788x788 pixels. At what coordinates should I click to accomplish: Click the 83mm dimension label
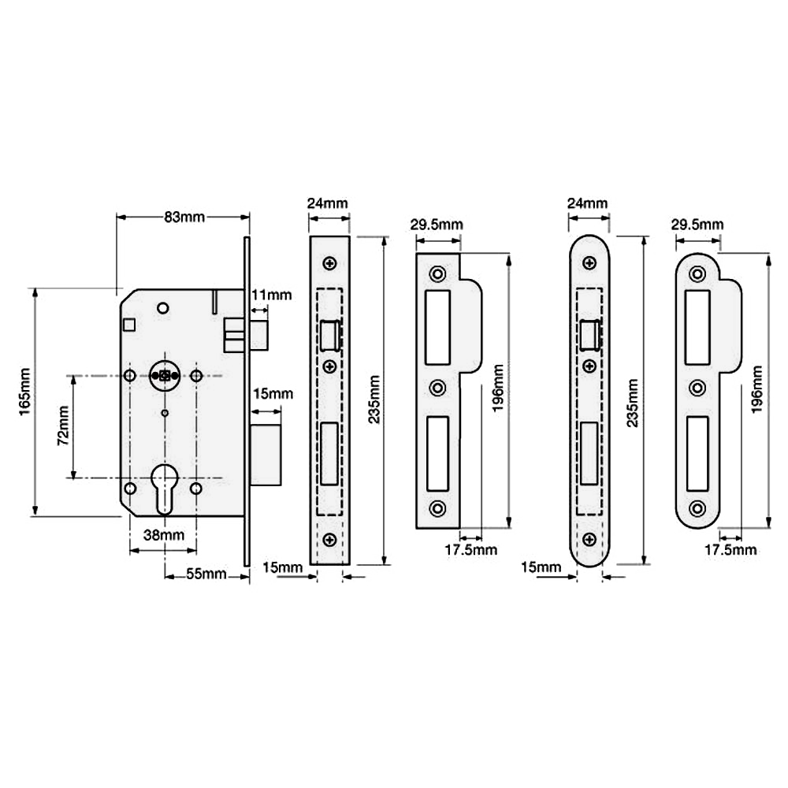click(184, 217)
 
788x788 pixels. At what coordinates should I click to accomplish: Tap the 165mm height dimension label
click(24, 392)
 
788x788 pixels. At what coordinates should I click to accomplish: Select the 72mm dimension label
click(63, 426)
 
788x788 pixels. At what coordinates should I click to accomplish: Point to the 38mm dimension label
click(164, 535)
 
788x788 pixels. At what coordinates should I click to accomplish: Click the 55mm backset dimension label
click(206, 574)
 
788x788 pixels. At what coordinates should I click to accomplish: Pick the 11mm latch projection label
click(271, 295)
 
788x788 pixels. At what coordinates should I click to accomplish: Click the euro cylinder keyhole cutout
click(165, 489)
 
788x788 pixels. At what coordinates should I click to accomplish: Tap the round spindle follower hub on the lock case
click(165, 375)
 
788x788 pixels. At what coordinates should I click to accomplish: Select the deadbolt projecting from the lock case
click(266, 455)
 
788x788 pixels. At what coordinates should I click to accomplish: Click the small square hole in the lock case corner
click(129, 325)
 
